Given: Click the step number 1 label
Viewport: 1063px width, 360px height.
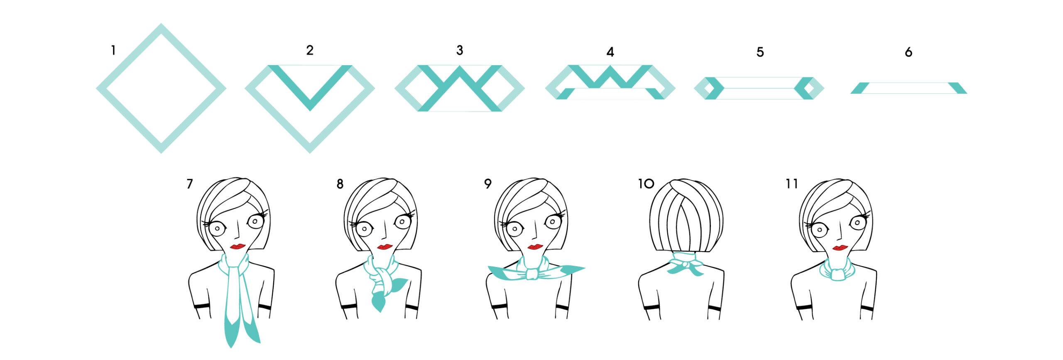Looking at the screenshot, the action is pos(113,51).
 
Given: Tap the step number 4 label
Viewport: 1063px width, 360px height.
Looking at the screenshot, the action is pos(610,52).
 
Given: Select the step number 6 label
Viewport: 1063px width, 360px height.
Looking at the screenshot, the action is pos(909,52).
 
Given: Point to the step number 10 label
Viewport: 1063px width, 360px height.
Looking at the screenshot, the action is pos(646,184).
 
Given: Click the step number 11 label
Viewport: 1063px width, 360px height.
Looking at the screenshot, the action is pos(792,184).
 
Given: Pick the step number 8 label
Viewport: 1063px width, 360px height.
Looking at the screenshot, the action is pos(340,184).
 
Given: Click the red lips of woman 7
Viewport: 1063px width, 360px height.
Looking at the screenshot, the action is pos(238,246).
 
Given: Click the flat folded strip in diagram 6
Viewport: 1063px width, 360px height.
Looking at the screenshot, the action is pos(909,88).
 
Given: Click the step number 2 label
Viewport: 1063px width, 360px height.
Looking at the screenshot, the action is pos(310,50).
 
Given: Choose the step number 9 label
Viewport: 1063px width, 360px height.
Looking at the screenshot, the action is pos(487,184).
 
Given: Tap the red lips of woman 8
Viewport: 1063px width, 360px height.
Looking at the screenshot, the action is pos(385,247).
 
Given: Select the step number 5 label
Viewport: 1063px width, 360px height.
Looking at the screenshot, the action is pos(760,52).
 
